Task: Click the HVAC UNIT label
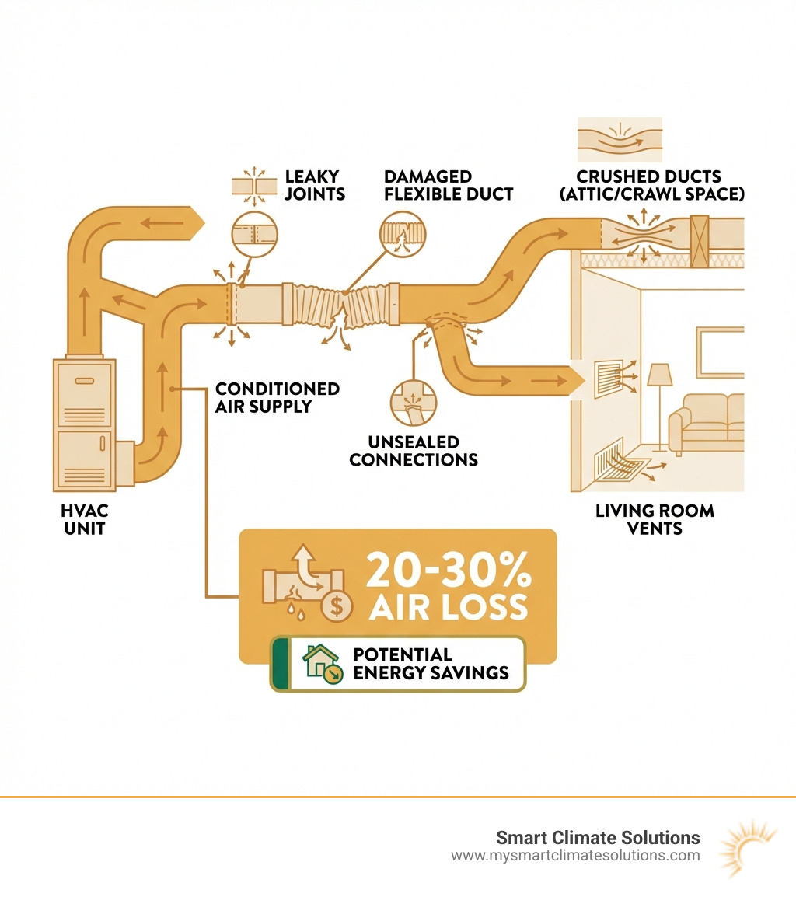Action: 85,520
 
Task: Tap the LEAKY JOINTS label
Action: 315,186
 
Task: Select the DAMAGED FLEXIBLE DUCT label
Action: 448,186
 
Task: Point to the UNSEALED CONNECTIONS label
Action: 414,451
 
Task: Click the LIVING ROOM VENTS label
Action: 655,520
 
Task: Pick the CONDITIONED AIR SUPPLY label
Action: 278,396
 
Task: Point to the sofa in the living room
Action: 710,420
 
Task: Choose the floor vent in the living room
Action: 622,462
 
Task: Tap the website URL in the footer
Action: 575,856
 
